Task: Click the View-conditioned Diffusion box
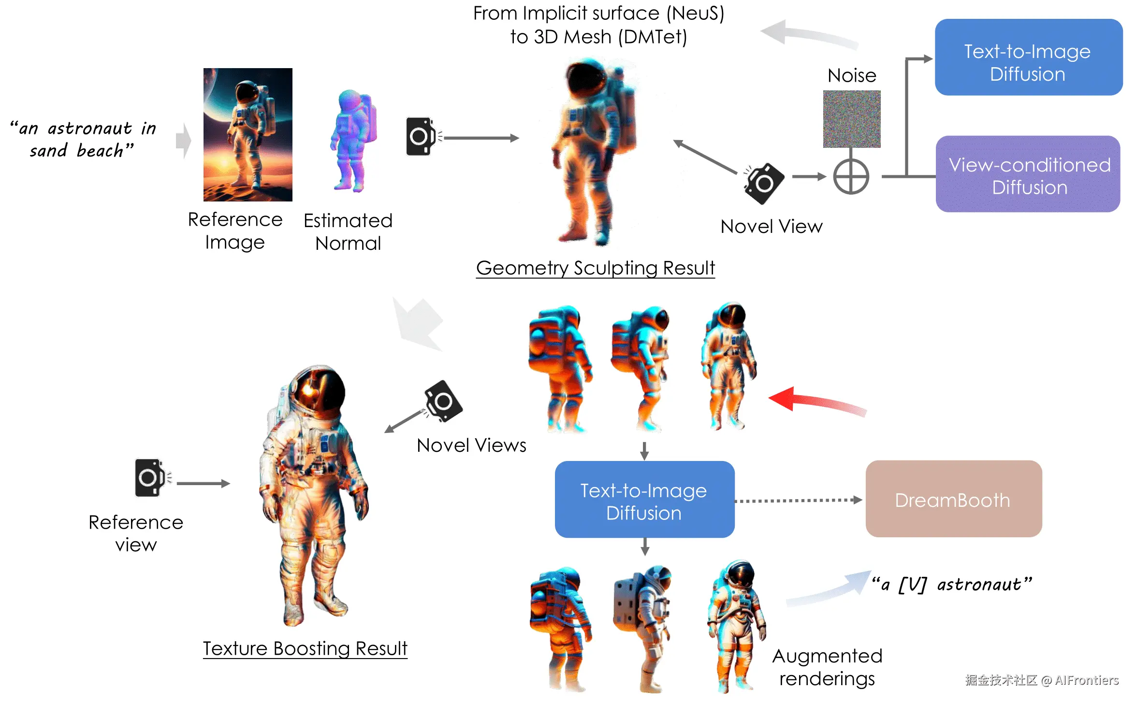click(x=1028, y=174)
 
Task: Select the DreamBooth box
click(x=953, y=499)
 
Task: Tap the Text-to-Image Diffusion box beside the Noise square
click(x=1028, y=57)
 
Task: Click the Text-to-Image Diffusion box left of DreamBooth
click(x=644, y=500)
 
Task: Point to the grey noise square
click(x=852, y=119)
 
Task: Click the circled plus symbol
click(x=851, y=176)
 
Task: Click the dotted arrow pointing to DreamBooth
click(x=798, y=501)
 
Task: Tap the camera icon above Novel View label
click(x=764, y=184)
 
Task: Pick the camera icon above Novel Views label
click(x=443, y=401)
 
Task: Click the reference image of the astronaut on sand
click(x=248, y=134)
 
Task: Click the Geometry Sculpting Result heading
click(x=595, y=268)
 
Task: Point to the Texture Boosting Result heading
click(x=305, y=648)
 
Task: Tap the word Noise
click(x=852, y=75)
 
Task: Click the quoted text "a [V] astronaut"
click(x=951, y=584)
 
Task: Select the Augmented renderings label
click(x=827, y=667)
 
